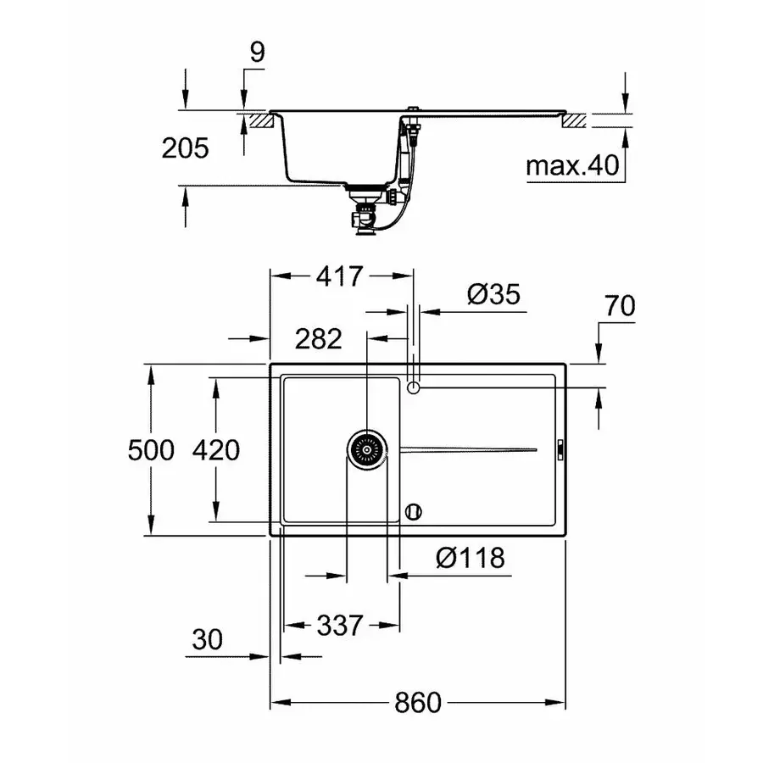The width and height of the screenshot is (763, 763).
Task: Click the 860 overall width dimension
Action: point(418,703)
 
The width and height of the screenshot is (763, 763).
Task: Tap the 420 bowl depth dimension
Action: point(217,449)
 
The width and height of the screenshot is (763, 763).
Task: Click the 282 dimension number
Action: point(318,339)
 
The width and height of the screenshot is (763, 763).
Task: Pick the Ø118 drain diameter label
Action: point(470,558)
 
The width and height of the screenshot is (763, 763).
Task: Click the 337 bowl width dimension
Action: point(339,627)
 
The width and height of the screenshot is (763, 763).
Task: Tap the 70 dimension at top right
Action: point(620,306)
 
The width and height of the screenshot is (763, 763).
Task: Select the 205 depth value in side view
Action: point(185,148)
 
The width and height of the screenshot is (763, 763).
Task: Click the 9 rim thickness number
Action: point(258,52)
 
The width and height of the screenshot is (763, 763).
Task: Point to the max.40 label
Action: point(571,164)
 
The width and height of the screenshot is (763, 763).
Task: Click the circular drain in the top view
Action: point(367,448)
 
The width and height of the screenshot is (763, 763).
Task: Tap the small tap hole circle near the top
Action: point(414,388)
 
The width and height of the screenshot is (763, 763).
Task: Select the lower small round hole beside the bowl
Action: point(414,511)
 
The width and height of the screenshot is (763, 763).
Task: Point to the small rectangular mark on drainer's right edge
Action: point(560,449)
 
